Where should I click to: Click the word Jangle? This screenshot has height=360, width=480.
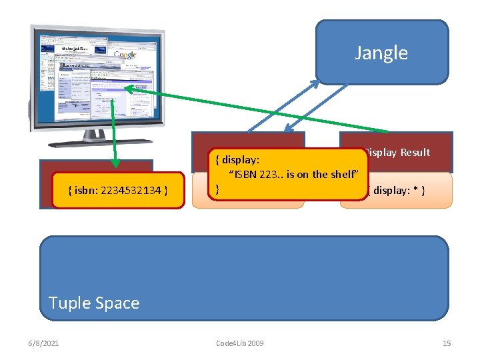point(381,53)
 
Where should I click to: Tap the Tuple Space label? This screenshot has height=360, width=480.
point(94,303)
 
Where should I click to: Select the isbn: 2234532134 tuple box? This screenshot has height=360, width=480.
point(118,191)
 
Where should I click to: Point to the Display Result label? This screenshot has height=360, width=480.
point(398,153)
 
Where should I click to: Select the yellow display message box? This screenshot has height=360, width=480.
point(289,173)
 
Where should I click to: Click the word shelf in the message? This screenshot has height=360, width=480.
point(343,174)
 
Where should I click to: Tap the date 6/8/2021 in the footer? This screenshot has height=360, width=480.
point(43,343)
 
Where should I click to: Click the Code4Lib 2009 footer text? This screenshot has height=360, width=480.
point(240,343)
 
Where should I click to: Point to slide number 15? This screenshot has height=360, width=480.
point(447,343)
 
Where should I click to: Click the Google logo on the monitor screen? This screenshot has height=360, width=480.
point(125,55)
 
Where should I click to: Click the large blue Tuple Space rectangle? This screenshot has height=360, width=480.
point(244,267)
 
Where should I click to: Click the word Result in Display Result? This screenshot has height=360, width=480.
point(415,153)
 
